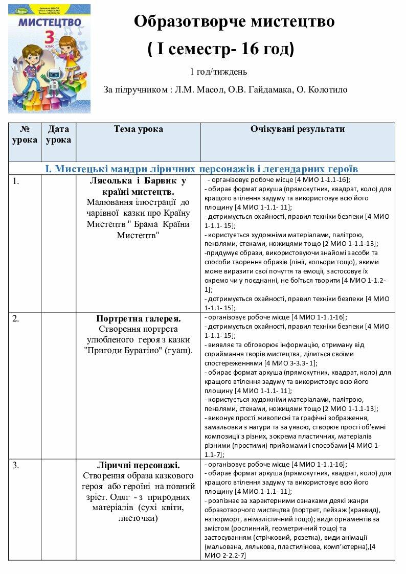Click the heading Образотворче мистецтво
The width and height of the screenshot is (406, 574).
[234, 21]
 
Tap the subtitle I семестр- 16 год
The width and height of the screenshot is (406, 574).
[220, 50]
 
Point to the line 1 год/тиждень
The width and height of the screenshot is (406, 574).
[218, 72]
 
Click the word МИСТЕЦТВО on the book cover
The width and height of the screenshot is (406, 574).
[50, 22]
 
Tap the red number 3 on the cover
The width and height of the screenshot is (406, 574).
[50, 37]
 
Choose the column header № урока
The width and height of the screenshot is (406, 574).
[25, 134]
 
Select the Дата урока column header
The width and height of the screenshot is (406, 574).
[58, 134]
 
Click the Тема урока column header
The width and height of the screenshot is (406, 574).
[138, 129]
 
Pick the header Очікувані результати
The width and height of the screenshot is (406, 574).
[297, 129]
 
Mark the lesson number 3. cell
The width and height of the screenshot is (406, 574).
[16, 465]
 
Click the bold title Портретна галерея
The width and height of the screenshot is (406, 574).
[138, 318]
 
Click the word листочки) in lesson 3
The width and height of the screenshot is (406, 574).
[138, 518]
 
